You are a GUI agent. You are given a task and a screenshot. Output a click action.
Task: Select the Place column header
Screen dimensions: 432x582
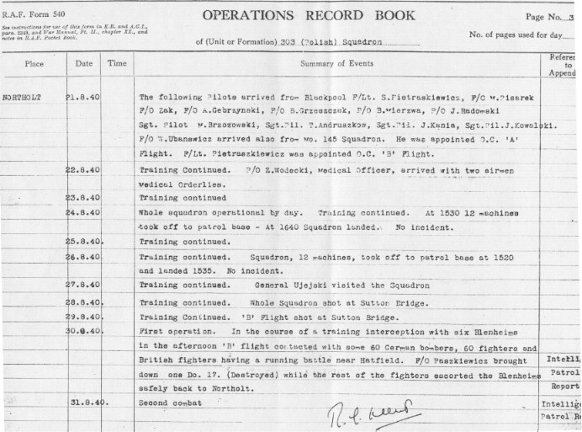click(34, 62)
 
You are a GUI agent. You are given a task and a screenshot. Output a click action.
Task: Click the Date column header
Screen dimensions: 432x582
click(83, 62)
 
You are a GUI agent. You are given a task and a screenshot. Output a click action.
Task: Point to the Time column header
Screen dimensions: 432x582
click(117, 62)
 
